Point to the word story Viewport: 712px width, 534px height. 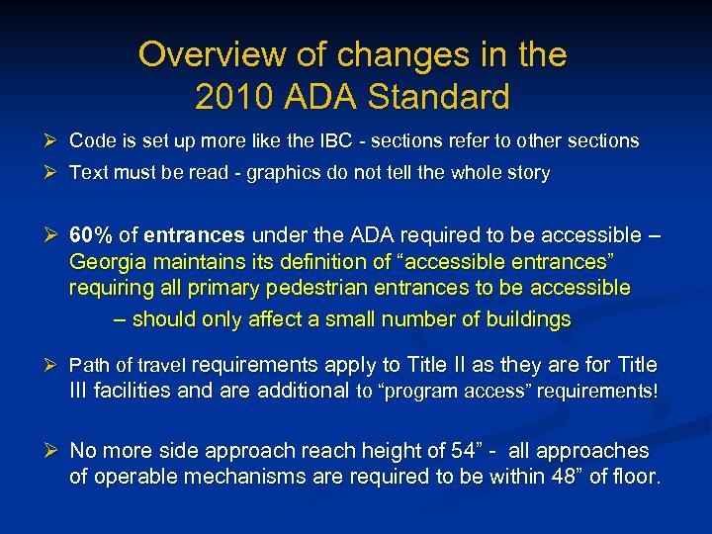[529, 173]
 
